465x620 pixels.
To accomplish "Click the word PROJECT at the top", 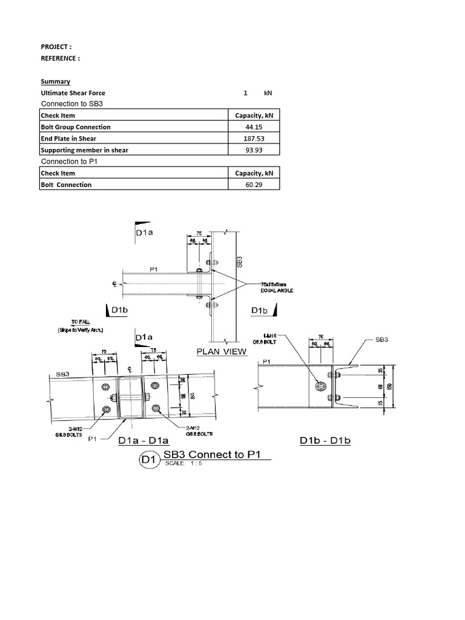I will click(56, 47).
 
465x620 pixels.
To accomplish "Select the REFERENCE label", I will click(59, 58).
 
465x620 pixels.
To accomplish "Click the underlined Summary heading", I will click(55, 81).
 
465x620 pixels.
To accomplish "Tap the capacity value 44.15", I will click(254, 127).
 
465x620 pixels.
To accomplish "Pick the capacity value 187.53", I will click(254, 139).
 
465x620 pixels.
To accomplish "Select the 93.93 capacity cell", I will click(254, 150).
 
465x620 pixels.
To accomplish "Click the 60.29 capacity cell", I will click(254, 185).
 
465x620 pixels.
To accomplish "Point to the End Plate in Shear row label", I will click(68, 139).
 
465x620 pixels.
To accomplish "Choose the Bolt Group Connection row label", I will click(75, 127).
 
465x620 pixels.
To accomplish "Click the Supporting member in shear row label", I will click(84, 150).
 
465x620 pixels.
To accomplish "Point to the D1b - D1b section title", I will click(325, 440).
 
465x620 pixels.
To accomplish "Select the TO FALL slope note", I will click(77, 326).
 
